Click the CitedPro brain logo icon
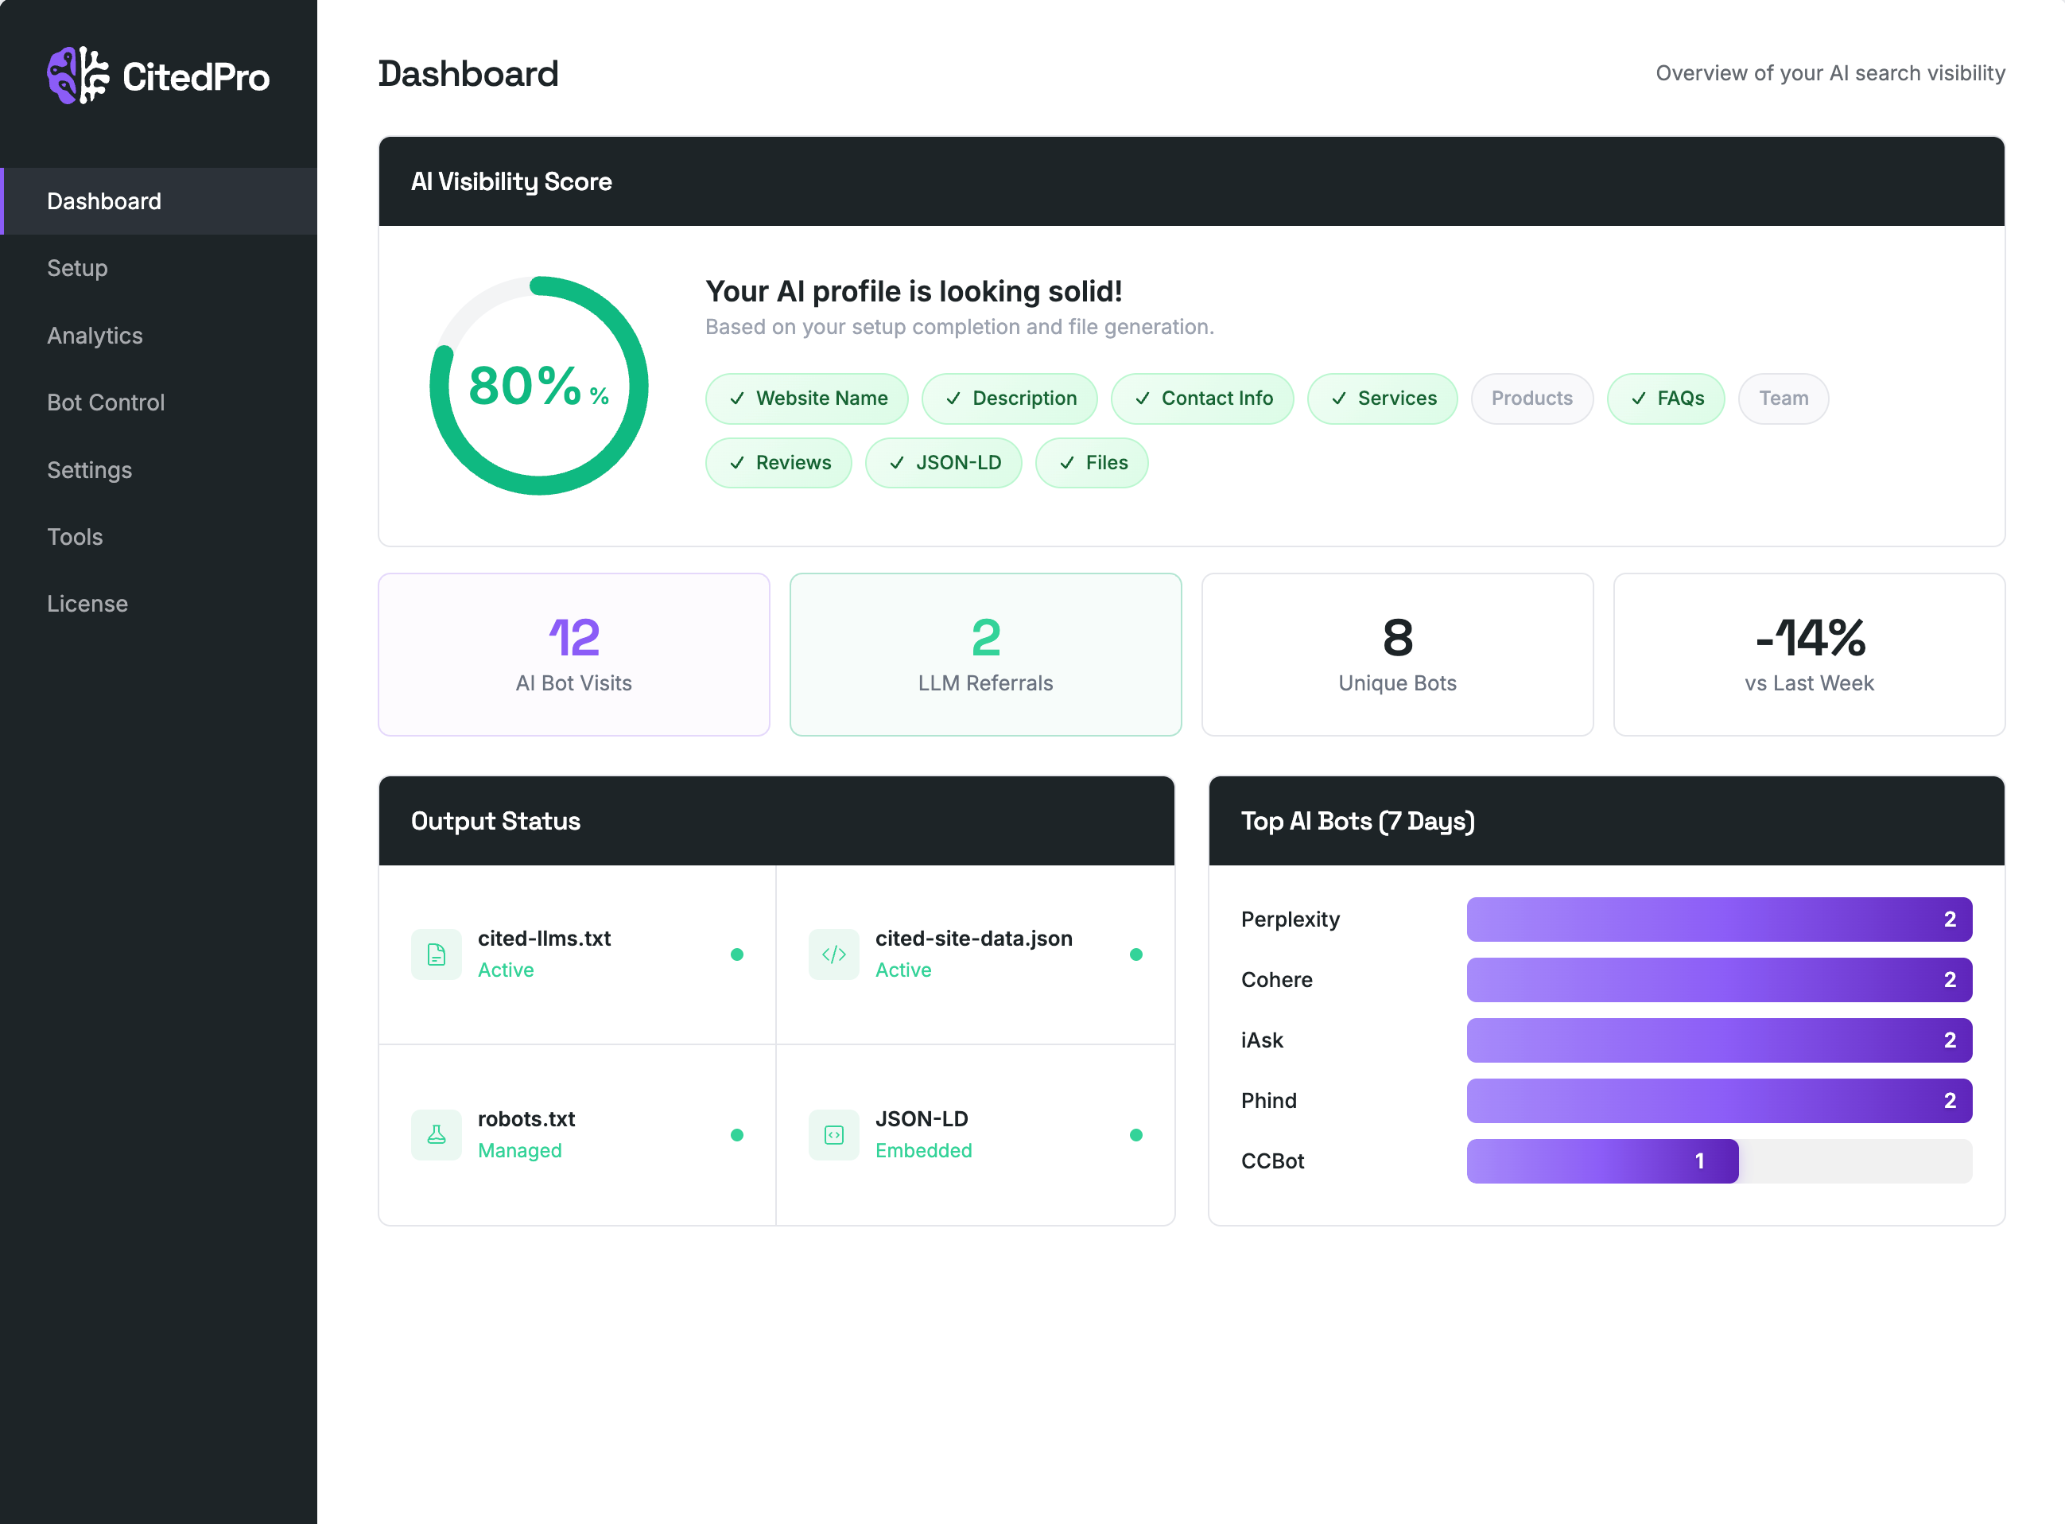click(x=77, y=76)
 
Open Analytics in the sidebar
click(x=95, y=336)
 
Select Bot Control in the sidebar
click(x=106, y=402)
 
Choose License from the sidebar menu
click(x=87, y=604)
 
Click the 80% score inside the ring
click(x=526, y=386)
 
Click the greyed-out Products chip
click(x=1531, y=398)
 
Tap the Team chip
click(x=1782, y=398)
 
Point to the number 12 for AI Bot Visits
click(x=573, y=637)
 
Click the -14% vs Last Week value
click(x=1810, y=637)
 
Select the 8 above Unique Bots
click(x=1397, y=637)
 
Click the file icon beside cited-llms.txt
click(x=437, y=954)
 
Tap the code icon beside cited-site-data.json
click(x=834, y=954)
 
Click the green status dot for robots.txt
click(x=737, y=1135)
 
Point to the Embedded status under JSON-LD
click(x=923, y=1150)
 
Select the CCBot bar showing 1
click(x=1602, y=1160)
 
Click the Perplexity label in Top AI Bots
click(x=1290, y=919)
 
